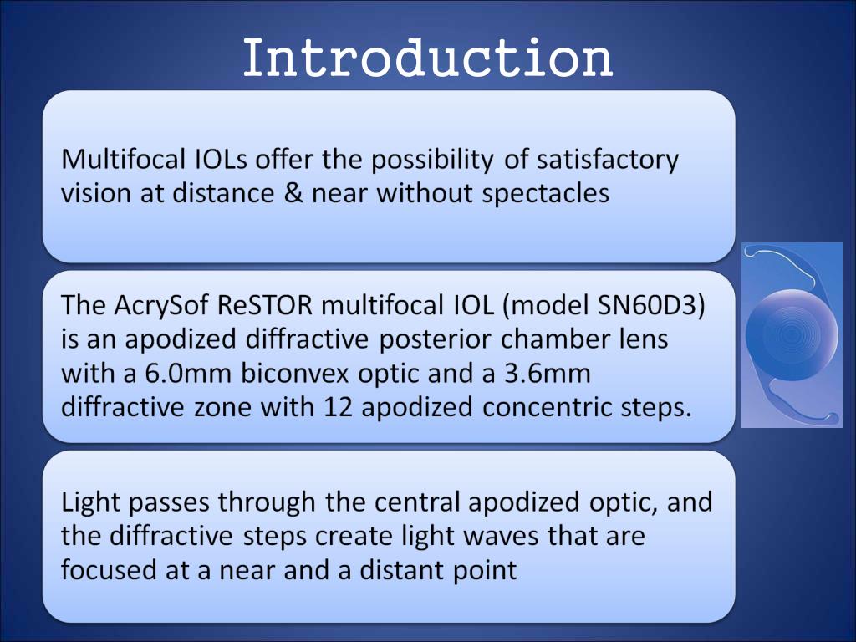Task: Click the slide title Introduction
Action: (x=427, y=59)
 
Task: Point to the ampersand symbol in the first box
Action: (x=289, y=193)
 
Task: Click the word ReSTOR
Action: (x=264, y=306)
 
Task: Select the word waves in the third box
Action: (x=500, y=536)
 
